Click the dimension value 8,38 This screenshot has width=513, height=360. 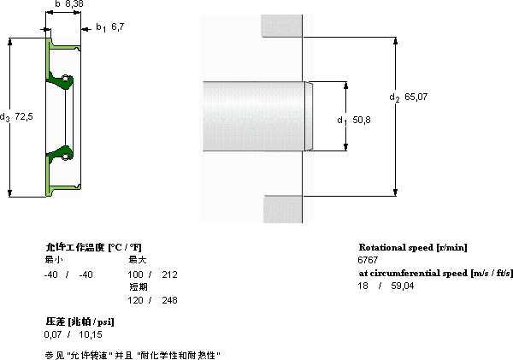(x=74, y=3)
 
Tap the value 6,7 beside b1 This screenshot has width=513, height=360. (x=118, y=27)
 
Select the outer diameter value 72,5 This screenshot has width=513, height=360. (x=24, y=116)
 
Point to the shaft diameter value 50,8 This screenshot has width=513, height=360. (x=362, y=120)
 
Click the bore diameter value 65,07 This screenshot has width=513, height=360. (x=416, y=97)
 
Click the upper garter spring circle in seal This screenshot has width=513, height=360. (x=66, y=79)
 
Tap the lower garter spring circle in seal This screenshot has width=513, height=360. (x=66, y=156)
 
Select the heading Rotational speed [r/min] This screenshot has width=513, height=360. (x=413, y=247)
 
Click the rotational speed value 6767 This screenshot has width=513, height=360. (x=368, y=260)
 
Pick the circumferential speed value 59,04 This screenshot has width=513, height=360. (x=403, y=286)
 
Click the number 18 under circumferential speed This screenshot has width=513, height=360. (x=363, y=286)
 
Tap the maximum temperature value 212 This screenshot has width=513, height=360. (x=169, y=274)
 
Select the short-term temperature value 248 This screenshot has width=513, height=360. (x=169, y=300)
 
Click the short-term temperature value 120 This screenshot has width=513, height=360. (x=135, y=300)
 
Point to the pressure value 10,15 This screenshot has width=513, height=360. (x=91, y=334)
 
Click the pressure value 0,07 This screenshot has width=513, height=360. (x=53, y=334)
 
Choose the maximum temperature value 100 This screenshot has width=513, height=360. (x=135, y=274)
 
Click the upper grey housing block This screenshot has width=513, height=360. (x=281, y=26)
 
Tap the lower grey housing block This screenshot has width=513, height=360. (x=283, y=210)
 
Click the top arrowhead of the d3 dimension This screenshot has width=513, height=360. (x=10, y=42)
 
